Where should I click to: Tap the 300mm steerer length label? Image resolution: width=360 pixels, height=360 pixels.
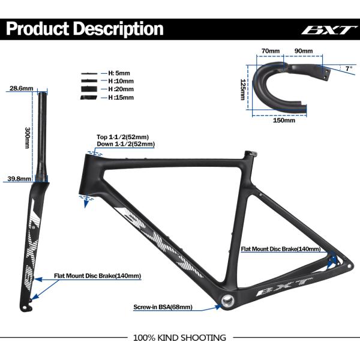(27, 137)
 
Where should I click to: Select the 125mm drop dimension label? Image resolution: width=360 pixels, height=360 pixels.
(243, 89)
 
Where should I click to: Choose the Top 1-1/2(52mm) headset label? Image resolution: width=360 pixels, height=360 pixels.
(122, 137)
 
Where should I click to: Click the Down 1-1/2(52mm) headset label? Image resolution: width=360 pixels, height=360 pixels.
(125, 144)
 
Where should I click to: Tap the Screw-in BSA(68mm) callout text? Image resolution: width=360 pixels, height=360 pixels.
(163, 307)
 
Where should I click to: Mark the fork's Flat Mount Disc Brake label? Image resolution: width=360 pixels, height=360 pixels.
(97, 276)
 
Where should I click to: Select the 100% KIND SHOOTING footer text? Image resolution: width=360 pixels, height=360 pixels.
(179, 338)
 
